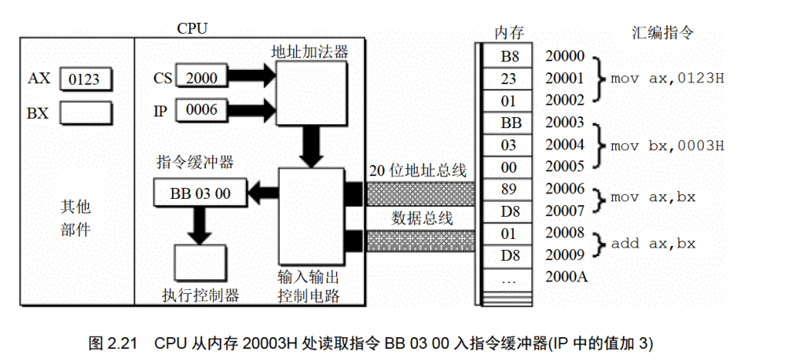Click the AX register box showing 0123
[x=85, y=79]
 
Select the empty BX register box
[x=85, y=113]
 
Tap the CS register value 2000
[x=201, y=77]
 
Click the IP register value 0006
[x=201, y=111]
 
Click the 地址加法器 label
[x=308, y=53]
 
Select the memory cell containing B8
[x=510, y=57]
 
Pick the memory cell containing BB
[x=510, y=123]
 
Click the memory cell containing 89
[x=510, y=189]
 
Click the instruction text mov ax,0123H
[x=667, y=79]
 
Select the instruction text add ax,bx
[x=656, y=244]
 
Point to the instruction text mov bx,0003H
[x=667, y=145]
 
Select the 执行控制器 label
[x=200, y=296]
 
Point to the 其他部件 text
[x=75, y=219]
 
